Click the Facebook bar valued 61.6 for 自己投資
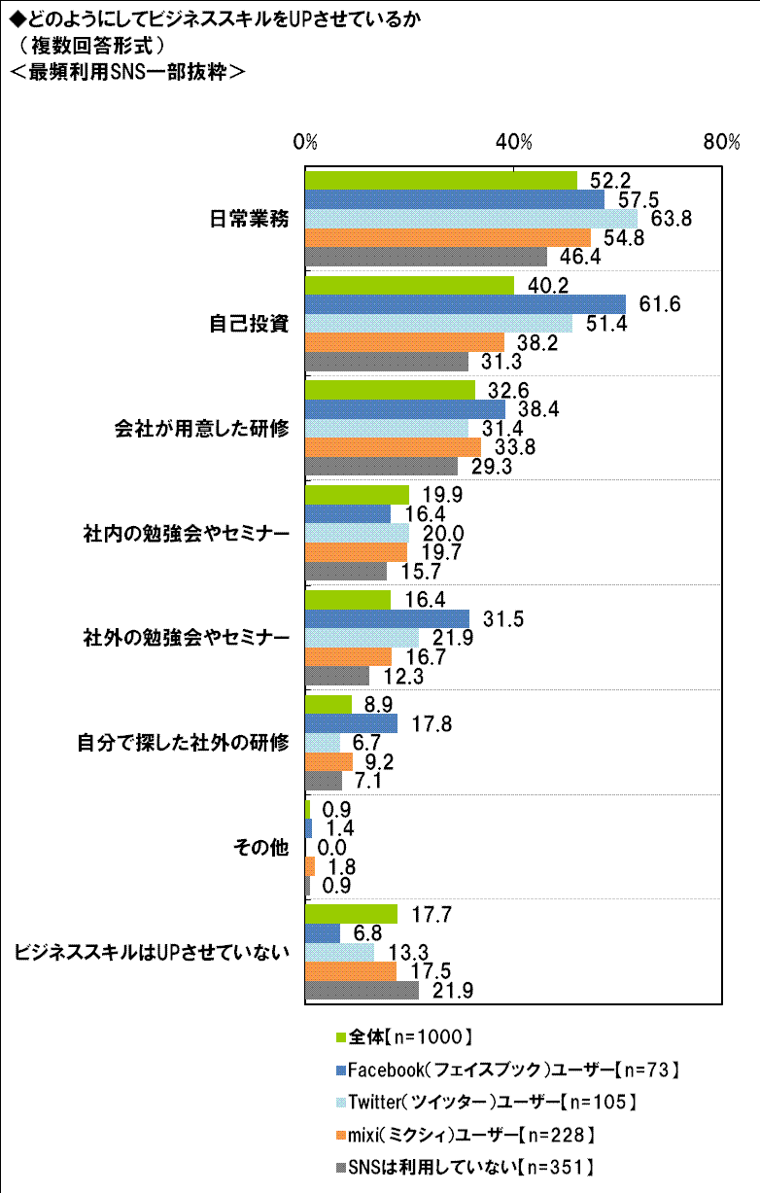466,304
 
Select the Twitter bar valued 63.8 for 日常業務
471,219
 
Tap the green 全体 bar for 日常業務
441,181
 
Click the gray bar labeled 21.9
362,990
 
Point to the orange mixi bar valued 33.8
393,446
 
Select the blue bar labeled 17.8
351,723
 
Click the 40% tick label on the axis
513,143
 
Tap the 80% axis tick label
721,143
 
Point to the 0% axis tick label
306,143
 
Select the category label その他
261,847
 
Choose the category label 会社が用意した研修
201,429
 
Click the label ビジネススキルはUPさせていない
153,952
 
